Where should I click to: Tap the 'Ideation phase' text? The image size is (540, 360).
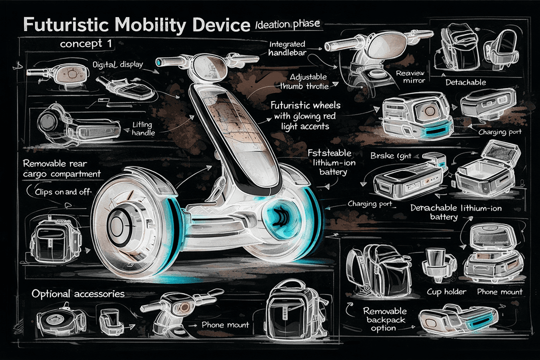coord(287,23)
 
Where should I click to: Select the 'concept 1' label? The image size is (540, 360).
coord(85,44)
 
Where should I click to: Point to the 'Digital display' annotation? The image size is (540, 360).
coord(118,65)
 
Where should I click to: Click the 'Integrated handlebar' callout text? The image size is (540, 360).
coord(286,48)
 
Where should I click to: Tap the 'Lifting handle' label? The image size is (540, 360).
coord(143,128)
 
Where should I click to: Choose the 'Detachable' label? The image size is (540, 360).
coord(465,82)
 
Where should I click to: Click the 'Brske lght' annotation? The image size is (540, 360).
coord(391,156)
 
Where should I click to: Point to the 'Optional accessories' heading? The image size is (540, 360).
coord(77,293)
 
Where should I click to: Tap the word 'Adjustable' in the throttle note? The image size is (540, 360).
coord(308,77)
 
